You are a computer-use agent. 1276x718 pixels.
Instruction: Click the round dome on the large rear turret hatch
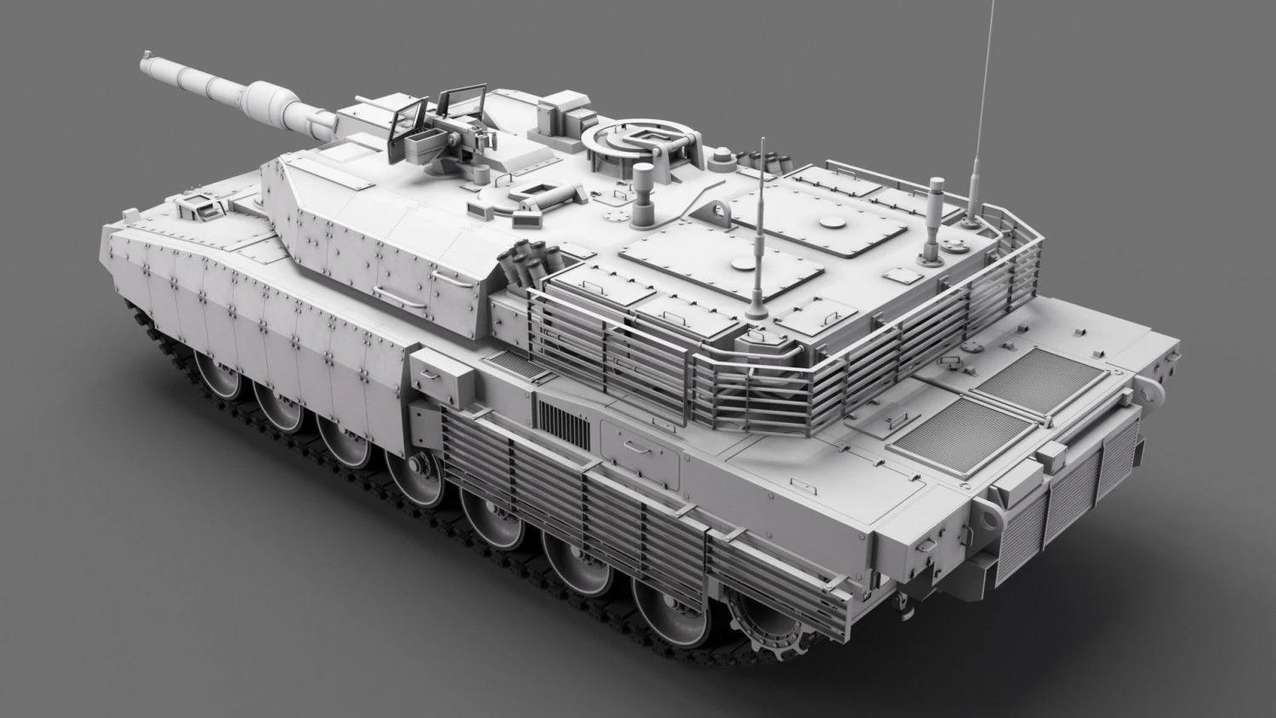[829, 223]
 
